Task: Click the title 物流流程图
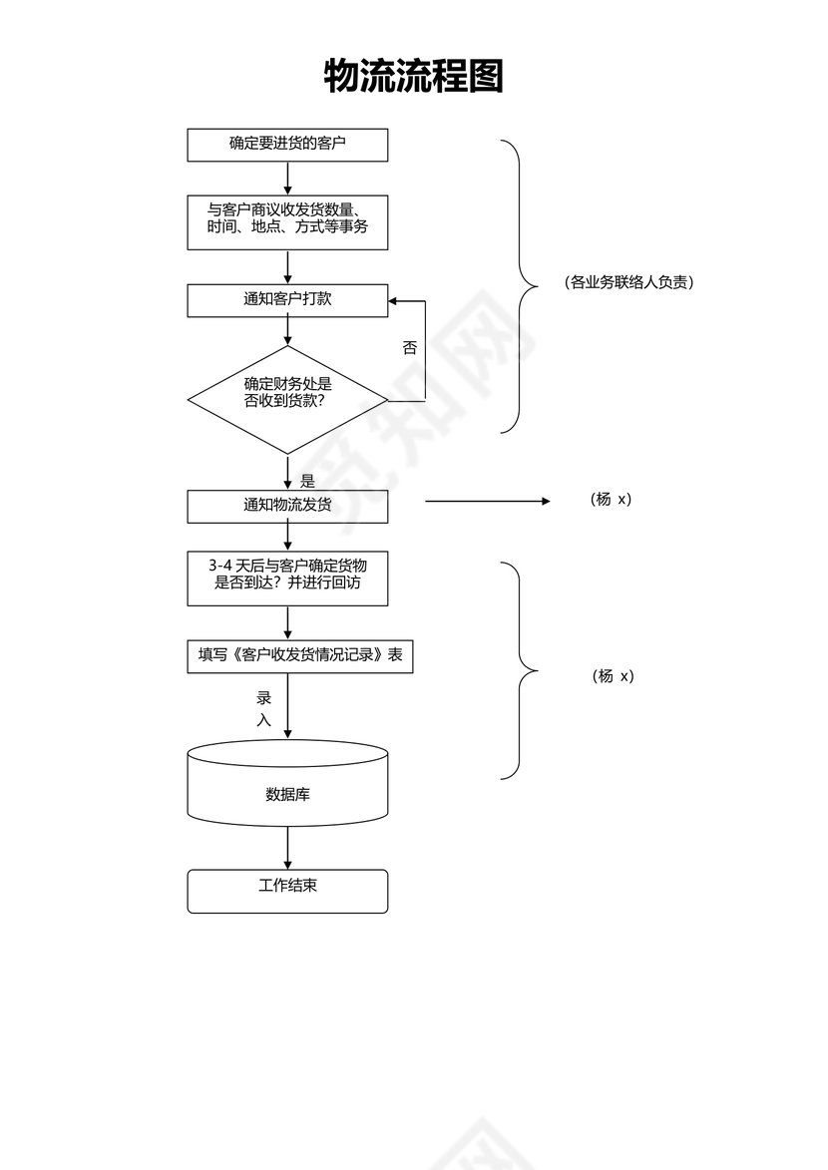point(413,76)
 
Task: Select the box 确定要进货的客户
point(287,145)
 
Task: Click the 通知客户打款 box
point(287,300)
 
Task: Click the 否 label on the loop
point(409,348)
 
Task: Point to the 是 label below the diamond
point(307,480)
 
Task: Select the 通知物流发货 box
point(287,506)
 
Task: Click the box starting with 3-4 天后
point(287,578)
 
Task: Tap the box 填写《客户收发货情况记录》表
point(299,656)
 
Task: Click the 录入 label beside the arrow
point(264,709)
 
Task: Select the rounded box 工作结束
point(287,890)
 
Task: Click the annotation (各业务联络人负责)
point(628,282)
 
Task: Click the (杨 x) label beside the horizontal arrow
point(612,500)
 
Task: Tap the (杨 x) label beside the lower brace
point(612,676)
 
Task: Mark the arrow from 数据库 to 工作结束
point(287,847)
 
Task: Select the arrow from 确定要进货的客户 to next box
point(287,178)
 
